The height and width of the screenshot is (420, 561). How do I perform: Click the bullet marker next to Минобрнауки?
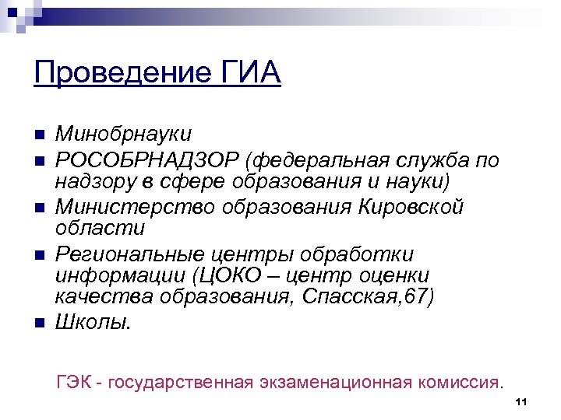(x=37, y=138)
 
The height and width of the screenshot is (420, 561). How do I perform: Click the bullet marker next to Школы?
(x=37, y=323)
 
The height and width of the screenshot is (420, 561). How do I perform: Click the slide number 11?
(x=521, y=402)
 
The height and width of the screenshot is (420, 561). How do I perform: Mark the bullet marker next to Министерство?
(x=37, y=208)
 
